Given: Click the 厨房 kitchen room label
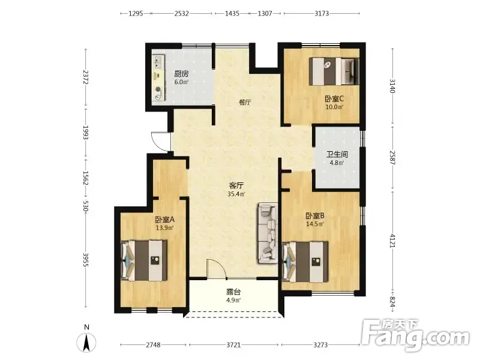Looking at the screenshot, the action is [x=181, y=74].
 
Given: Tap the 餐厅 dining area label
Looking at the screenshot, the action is [x=245, y=102].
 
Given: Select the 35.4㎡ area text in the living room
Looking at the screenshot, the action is [x=236, y=194].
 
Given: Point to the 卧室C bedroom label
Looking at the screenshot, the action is [x=334, y=98].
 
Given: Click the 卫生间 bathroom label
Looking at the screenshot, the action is [x=337, y=154].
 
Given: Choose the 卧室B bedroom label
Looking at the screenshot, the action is [x=315, y=216].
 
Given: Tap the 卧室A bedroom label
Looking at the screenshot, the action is [x=164, y=220].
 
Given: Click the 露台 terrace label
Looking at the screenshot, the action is [x=233, y=292].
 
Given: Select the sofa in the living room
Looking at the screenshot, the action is [x=268, y=233].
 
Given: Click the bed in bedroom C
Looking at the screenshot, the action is [x=334, y=71].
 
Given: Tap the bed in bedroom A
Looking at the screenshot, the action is [x=144, y=260].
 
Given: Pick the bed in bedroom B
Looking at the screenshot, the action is [x=305, y=262].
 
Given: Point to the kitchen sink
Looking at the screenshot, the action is [x=158, y=62].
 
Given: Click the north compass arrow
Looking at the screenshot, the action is [x=86, y=342].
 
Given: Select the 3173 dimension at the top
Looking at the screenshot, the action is [x=322, y=13].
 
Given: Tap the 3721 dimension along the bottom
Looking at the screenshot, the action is [x=233, y=345].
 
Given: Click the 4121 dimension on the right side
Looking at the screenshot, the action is [x=392, y=241].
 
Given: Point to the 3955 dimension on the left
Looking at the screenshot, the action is [x=86, y=260].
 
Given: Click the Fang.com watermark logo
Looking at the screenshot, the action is [x=415, y=335].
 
